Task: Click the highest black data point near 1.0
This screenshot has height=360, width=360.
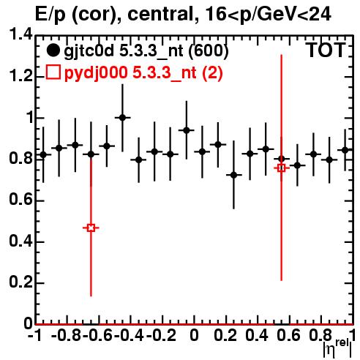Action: pos(122,118)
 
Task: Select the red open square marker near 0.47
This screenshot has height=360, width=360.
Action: pos(91,228)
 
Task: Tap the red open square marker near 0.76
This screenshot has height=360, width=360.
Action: pos(281,168)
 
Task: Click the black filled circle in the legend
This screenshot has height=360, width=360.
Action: pos(53,50)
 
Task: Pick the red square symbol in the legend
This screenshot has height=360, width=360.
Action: pos(53,72)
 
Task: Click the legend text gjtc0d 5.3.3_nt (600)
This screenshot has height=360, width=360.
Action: pos(146,51)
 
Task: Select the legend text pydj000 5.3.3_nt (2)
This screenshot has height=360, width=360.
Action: pos(143,73)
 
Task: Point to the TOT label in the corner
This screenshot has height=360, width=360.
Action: pos(326,50)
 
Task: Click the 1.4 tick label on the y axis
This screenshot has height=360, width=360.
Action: pos(20,34)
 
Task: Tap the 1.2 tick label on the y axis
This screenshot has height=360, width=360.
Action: pos(20,75)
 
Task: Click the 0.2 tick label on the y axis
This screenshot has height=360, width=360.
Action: pos(20,282)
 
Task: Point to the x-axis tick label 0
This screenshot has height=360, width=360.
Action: pos(194,335)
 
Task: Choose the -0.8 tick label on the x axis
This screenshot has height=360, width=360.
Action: pos(67,335)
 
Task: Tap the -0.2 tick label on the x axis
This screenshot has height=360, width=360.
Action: pos(161,335)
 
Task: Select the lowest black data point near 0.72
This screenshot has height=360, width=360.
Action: pos(233,175)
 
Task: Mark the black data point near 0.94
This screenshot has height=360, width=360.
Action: pos(187,130)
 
